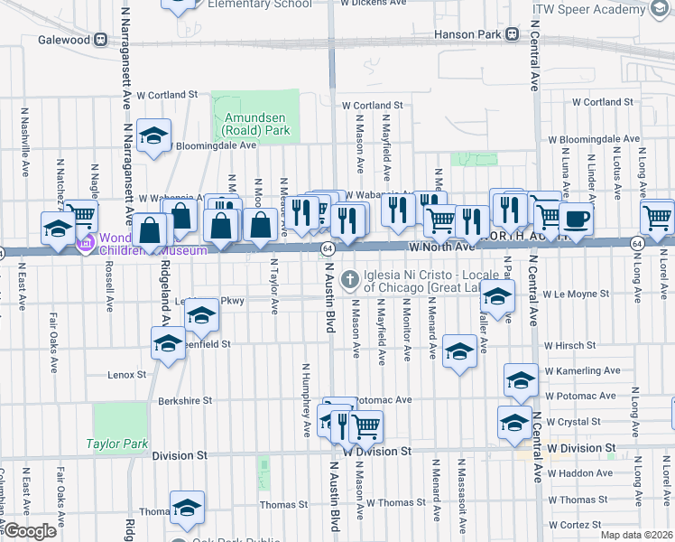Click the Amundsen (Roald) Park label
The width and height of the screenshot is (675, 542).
[257, 129]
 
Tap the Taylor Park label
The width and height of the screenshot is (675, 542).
[116, 444]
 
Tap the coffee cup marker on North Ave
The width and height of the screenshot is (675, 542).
[575, 218]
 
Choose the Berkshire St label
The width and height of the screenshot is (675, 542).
[184, 399]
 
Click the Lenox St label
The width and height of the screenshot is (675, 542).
[126, 374]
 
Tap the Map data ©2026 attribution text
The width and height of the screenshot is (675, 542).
[637, 535]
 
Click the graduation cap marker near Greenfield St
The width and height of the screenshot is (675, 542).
[168, 344]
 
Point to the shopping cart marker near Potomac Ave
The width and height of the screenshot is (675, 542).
[365, 425]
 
